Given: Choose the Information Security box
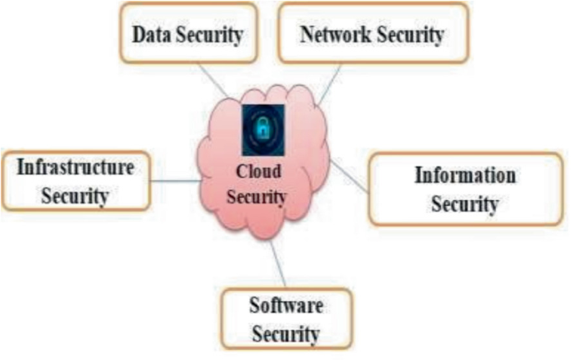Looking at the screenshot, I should point(465,189).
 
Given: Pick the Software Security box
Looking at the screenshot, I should point(285,317).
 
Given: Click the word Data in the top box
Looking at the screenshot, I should point(151,35).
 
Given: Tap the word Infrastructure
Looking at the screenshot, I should point(76,167).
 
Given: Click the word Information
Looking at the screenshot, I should point(465,176).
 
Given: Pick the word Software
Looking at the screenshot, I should point(286,304).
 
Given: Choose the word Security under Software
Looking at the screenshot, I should point(286,333).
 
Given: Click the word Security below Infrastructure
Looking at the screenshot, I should point(76,196).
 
